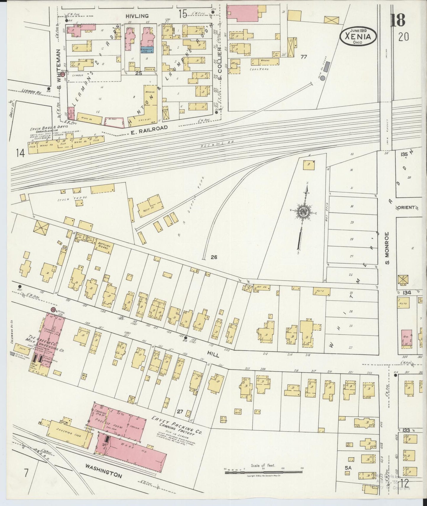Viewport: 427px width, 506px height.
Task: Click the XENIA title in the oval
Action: tap(358, 37)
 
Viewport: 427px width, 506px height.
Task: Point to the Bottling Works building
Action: tap(102, 247)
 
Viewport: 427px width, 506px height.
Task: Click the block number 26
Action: tap(214, 257)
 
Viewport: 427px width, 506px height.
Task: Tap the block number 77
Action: tap(303, 57)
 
